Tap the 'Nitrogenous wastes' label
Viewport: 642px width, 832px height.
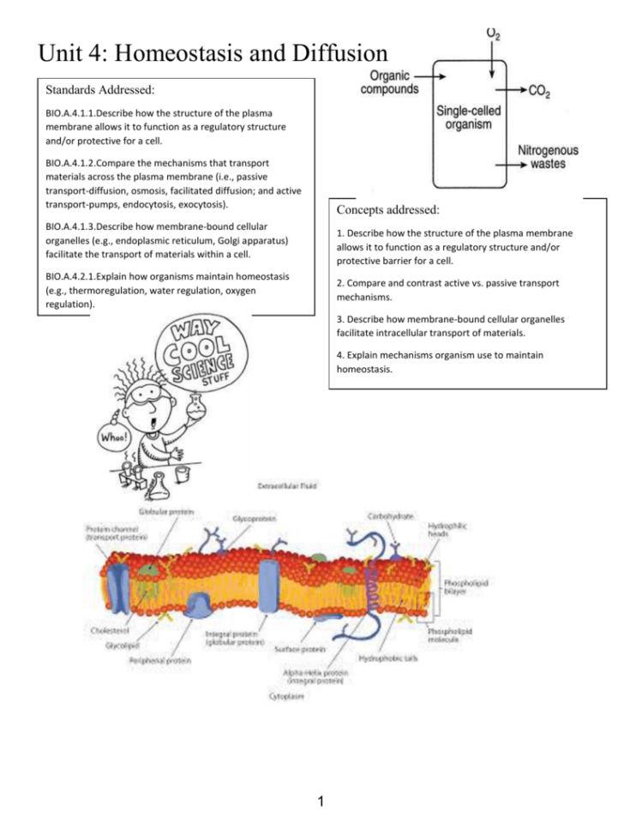547,157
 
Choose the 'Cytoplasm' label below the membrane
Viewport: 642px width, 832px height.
287,697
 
